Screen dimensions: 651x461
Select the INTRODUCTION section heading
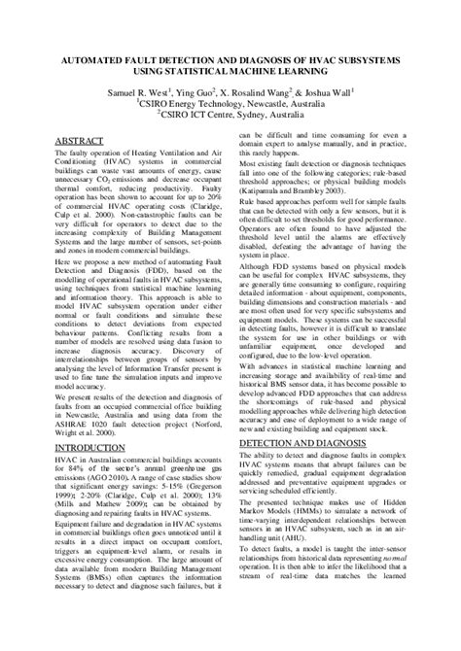pos(97,421)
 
